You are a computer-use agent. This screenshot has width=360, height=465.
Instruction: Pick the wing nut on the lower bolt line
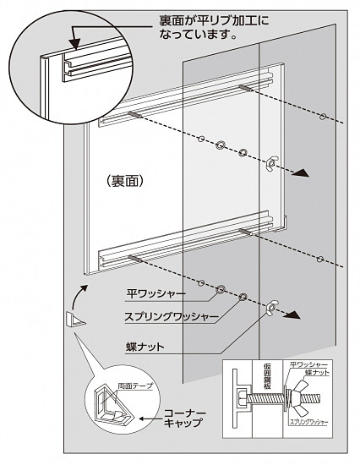pyautogui.click(x=272, y=307)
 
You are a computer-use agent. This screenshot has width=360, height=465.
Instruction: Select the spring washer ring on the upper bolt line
pyautogui.click(x=243, y=153)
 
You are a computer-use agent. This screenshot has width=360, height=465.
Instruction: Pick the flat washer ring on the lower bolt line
pyautogui.click(x=221, y=289)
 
